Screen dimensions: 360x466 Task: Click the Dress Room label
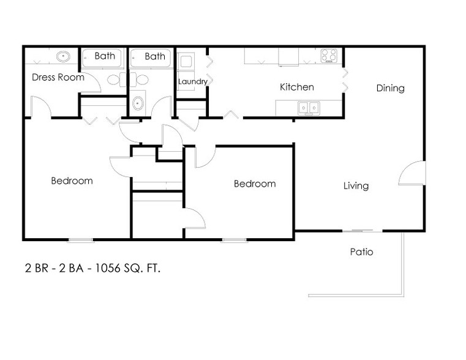(58, 77)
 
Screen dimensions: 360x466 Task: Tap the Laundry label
(192, 81)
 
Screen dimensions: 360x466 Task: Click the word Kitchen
(297, 87)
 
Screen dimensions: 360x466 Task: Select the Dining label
(390, 88)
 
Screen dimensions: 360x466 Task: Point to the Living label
(356, 186)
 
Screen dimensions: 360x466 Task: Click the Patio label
(361, 251)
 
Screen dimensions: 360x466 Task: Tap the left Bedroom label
(72, 181)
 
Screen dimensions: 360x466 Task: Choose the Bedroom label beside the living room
(255, 184)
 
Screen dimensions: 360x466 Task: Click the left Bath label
(105, 56)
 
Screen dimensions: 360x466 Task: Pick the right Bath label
(155, 56)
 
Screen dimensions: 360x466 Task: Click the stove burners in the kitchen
(329, 56)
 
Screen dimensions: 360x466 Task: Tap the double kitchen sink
(308, 108)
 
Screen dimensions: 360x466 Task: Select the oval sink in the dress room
(62, 57)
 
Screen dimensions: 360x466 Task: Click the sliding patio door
(359, 230)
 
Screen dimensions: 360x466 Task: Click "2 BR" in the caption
(34, 268)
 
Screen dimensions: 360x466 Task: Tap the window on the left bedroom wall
(80, 239)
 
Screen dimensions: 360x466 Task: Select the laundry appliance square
(186, 62)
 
